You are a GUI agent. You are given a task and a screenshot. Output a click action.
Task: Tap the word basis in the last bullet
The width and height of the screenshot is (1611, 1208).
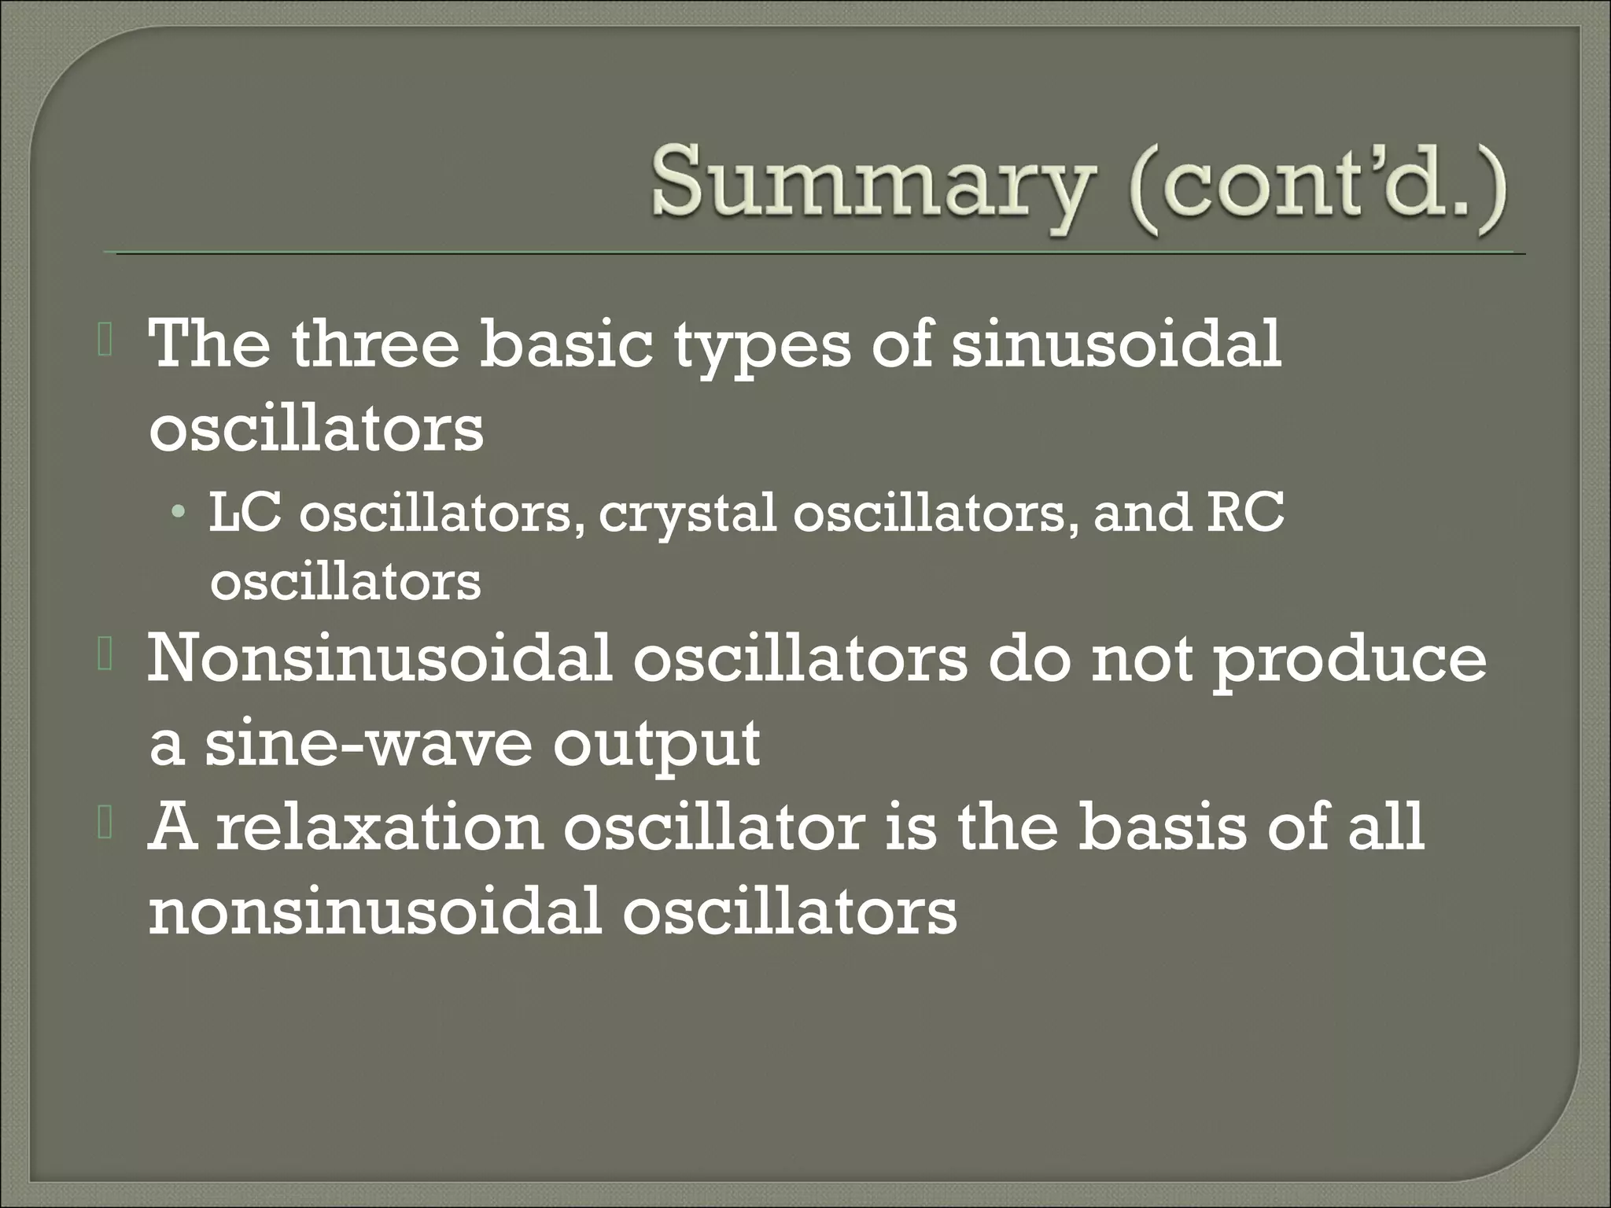pos(1161,827)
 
